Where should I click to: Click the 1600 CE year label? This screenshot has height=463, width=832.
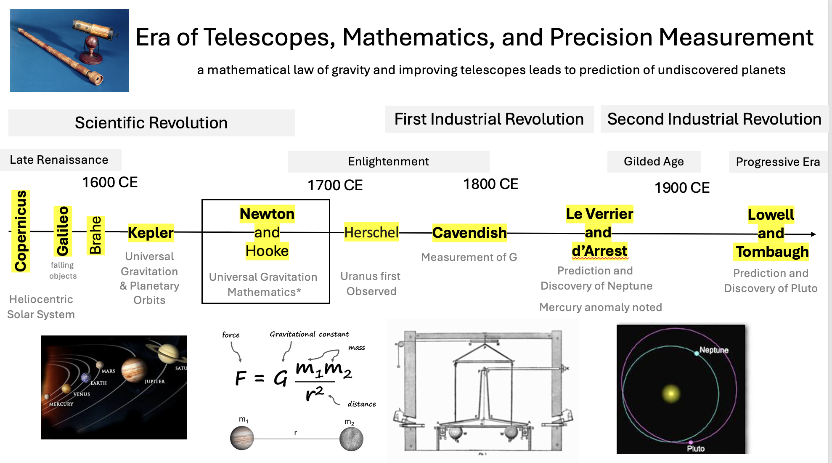pyautogui.click(x=110, y=182)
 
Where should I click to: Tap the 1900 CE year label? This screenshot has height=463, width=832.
pyautogui.click(x=682, y=188)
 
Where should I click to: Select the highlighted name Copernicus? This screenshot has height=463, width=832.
pyautogui.click(x=21, y=231)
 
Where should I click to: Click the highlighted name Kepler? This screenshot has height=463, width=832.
pyautogui.click(x=151, y=233)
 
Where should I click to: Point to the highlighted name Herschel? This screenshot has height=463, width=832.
pyautogui.click(x=371, y=232)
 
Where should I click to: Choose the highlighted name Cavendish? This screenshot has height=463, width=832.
pyautogui.click(x=469, y=233)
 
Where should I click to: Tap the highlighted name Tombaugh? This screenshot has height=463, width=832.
pyautogui.click(x=772, y=252)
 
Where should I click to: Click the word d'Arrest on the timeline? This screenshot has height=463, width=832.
pyautogui.click(x=599, y=251)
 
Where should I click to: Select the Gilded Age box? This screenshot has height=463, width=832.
pyautogui.click(x=654, y=162)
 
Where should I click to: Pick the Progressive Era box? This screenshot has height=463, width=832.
pyautogui.click(x=778, y=162)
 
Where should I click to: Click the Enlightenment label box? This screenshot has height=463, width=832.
pyautogui.click(x=388, y=162)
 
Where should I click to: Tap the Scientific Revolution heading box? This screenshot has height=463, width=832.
pyautogui.click(x=151, y=123)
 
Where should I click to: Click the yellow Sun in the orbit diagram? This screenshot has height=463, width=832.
pyautogui.click(x=671, y=394)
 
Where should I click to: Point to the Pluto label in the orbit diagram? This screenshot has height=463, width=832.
pyautogui.click(x=696, y=449)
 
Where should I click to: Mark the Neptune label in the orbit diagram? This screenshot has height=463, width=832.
pyautogui.click(x=714, y=350)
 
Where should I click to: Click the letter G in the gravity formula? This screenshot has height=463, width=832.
pyautogui.click(x=281, y=378)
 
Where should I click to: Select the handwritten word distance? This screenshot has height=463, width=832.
pyautogui.click(x=362, y=404)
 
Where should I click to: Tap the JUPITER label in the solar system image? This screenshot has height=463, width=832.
pyautogui.click(x=155, y=381)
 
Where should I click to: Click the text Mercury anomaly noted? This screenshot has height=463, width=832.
pyautogui.click(x=601, y=307)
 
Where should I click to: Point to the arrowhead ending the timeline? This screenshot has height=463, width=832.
pyautogui.click(x=813, y=234)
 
